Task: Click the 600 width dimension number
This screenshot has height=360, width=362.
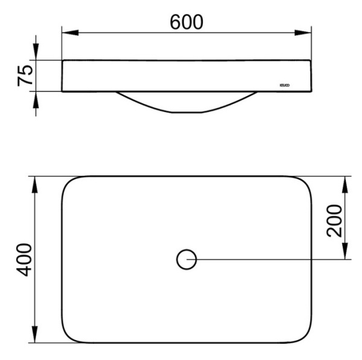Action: tap(186, 22)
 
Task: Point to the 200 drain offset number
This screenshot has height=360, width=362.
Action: tap(334, 220)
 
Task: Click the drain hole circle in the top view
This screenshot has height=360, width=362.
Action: tap(186, 260)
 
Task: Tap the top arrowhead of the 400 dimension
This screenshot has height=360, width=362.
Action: tap(35, 182)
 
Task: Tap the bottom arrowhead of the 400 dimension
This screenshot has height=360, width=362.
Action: tap(35, 336)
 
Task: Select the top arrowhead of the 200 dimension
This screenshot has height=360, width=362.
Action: tap(346, 182)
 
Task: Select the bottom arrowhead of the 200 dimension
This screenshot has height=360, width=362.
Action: tap(346, 254)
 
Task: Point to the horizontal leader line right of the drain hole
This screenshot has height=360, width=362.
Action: tap(271, 260)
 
